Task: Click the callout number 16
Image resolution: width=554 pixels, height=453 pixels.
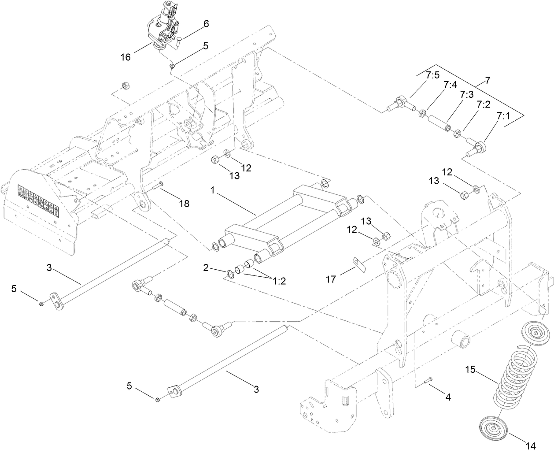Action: click(x=126, y=57)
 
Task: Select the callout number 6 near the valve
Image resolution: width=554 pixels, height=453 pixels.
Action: click(x=206, y=25)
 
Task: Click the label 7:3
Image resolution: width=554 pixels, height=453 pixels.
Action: click(x=467, y=95)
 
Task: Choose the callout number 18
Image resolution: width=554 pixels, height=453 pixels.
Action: click(x=184, y=203)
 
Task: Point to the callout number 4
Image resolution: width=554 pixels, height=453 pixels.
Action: click(x=448, y=397)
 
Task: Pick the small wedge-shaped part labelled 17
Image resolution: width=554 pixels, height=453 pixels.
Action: click(x=358, y=263)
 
